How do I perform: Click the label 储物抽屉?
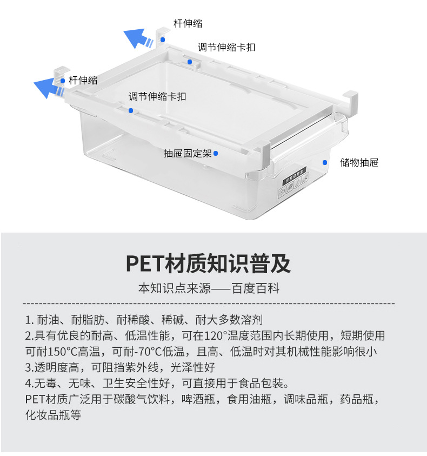(359, 162)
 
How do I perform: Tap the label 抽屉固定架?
(187, 153)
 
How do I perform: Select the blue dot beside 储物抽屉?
(325, 162)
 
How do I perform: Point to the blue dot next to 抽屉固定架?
(216, 153)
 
